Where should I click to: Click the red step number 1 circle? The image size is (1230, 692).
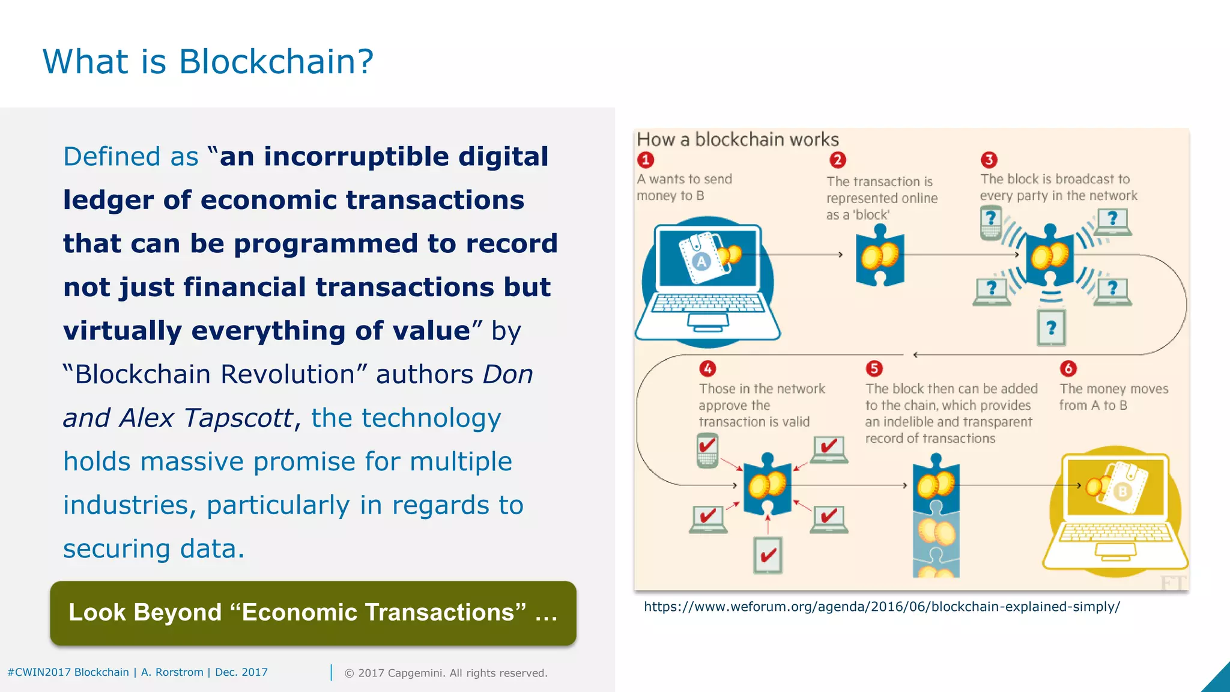[x=646, y=160]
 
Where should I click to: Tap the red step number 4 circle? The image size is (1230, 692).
[x=707, y=368]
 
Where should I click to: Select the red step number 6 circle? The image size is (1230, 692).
[x=1068, y=368]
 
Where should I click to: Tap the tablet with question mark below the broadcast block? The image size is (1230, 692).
[x=1051, y=328]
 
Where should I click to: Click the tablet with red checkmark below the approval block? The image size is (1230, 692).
[x=768, y=555]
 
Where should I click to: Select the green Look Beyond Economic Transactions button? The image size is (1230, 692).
[x=313, y=613]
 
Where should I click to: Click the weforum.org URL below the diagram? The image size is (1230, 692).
[x=881, y=607]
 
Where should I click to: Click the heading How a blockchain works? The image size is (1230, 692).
[x=738, y=140]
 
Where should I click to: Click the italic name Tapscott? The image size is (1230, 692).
[x=238, y=418]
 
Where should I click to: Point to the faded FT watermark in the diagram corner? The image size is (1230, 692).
[x=1172, y=583]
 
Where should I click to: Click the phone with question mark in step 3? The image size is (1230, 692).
[x=990, y=222]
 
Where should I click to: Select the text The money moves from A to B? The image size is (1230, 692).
[x=1113, y=396]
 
